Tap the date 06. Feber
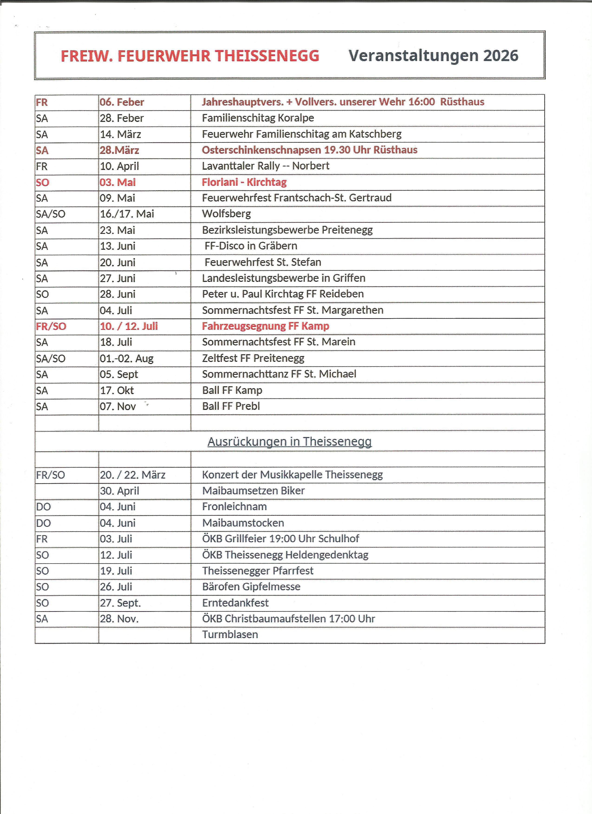click(122, 102)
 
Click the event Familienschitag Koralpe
click(258, 118)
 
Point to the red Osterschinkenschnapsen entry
click(309, 150)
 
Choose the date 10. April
click(119, 166)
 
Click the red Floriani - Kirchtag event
click(244, 182)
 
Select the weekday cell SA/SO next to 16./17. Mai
click(51, 214)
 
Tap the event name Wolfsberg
click(226, 214)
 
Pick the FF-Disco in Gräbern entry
click(251, 246)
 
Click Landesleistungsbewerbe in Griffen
click(284, 278)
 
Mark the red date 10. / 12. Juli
click(129, 326)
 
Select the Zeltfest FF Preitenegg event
click(253, 358)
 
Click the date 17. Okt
click(117, 390)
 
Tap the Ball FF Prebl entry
click(231, 406)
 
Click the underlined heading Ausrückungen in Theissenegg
click(289, 441)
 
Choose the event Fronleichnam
click(234, 507)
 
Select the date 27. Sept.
click(120, 603)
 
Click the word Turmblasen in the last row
click(230, 635)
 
